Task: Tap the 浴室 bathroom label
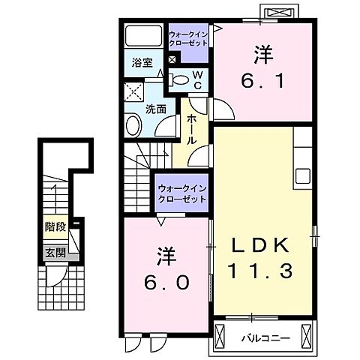click(142, 63)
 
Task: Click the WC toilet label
click(196, 79)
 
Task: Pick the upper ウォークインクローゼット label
click(188, 38)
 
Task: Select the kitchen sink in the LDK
click(303, 177)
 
